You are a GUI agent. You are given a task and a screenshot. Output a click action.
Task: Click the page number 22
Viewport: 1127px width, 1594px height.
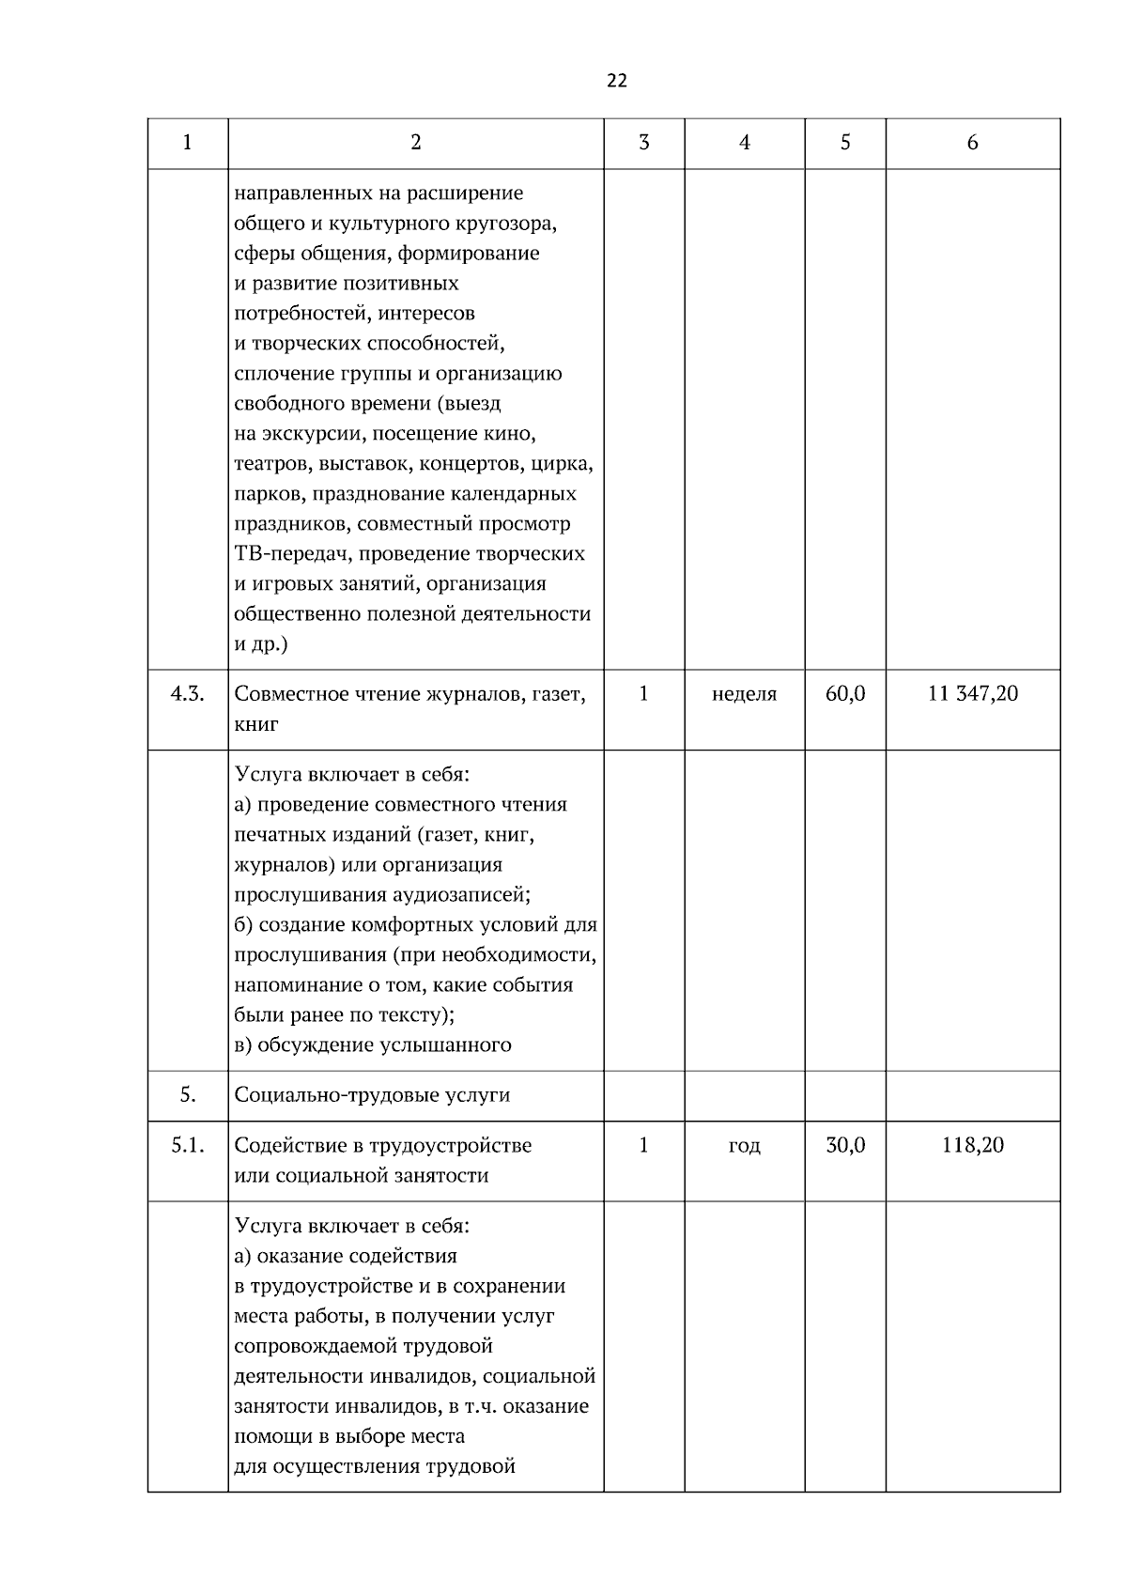(617, 81)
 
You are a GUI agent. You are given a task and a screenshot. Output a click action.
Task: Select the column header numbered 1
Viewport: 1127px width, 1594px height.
(187, 143)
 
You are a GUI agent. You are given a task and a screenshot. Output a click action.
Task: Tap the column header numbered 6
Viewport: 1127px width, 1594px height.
(972, 143)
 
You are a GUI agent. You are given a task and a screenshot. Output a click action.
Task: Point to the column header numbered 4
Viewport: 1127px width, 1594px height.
(744, 143)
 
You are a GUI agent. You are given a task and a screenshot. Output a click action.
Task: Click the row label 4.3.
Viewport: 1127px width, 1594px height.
(187, 695)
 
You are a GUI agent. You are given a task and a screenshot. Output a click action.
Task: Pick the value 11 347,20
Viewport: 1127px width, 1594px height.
(972, 695)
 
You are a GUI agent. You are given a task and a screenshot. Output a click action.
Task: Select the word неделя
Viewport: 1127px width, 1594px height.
(744, 695)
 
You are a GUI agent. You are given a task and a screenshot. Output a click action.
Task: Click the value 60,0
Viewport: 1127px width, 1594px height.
(844, 695)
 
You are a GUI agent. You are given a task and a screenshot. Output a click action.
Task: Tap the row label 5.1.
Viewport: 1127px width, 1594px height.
(187, 1146)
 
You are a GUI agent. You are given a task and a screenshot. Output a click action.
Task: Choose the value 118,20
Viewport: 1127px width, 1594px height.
(972, 1146)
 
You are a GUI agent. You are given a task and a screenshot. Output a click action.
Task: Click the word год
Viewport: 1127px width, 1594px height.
(744, 1146)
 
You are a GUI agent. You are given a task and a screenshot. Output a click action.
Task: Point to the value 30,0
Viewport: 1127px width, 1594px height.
(844, 1146)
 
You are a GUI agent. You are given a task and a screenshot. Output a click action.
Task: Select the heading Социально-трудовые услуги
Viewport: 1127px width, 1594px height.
(372, 1095)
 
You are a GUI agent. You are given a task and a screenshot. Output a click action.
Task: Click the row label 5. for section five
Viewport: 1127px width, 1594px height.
(187, 1095)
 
